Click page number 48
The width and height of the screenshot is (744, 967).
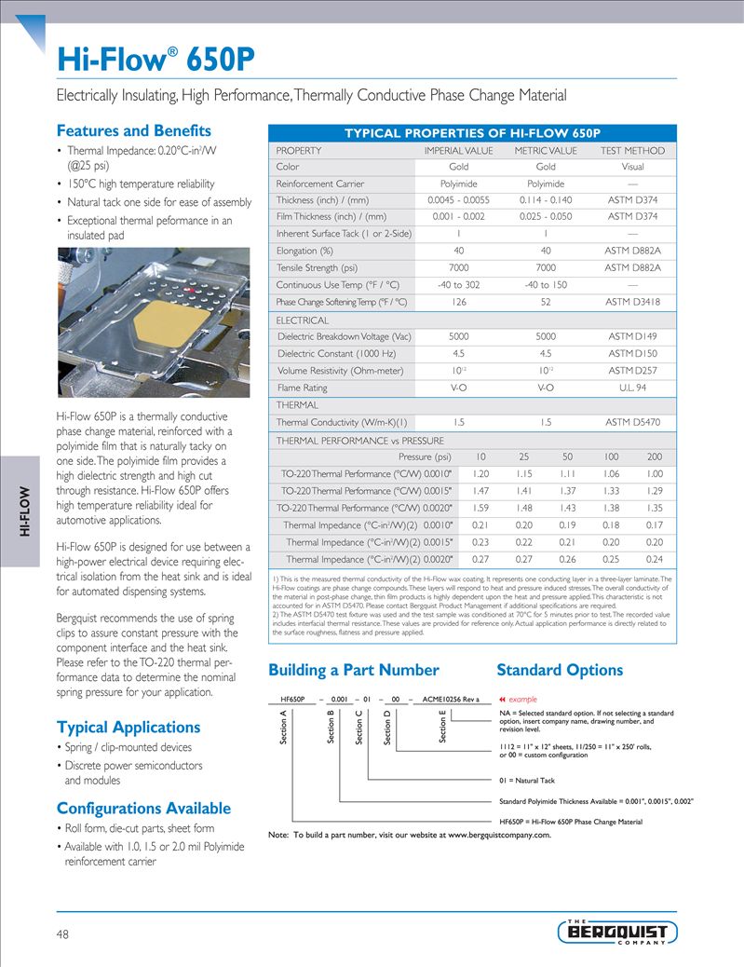point(62,934)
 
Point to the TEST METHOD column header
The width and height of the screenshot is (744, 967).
point(632,151)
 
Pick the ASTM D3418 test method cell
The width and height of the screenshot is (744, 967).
point(632,302)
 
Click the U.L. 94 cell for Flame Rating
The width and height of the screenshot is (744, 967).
point(632,388)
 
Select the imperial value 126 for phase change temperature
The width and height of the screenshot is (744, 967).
point(458,302)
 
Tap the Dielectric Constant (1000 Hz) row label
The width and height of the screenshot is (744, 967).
point(336,353)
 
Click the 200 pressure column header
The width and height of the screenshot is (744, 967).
point(655,456)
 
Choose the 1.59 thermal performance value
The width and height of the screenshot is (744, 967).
point(480,508)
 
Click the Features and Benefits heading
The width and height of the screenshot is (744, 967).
point(134,131)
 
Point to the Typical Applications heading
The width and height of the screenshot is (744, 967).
point(129,727)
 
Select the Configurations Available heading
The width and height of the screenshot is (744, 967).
point(144,808)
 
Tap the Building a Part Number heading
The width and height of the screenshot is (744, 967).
point(353,670)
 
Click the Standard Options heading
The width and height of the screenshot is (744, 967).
point(560,670)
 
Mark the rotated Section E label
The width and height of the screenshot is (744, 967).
point(443,728)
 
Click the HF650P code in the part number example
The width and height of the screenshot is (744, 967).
point(292,699)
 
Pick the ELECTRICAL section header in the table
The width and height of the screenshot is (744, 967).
point(303,320)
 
